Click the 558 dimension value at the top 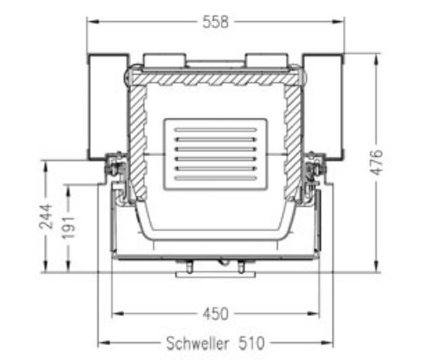215,22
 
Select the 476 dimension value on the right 377,162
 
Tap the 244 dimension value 46,217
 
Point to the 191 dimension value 69,228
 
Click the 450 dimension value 215,313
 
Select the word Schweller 198,343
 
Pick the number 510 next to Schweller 252,343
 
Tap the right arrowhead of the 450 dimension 313,313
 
